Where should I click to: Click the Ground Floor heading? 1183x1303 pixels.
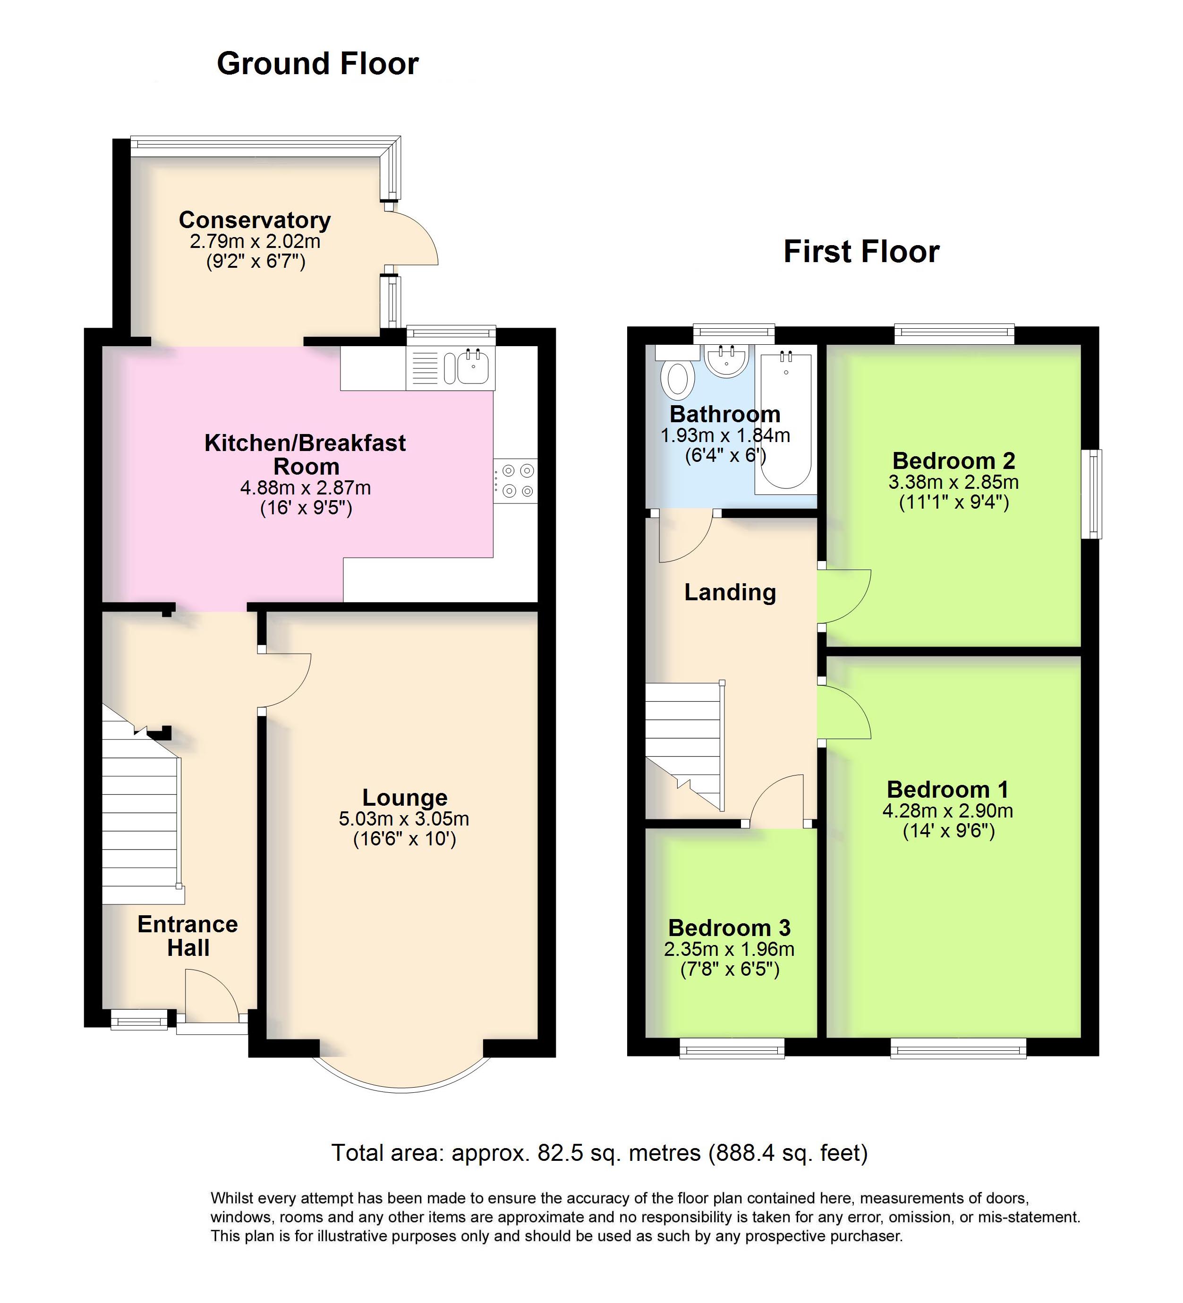317,64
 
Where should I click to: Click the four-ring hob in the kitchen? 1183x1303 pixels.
515,481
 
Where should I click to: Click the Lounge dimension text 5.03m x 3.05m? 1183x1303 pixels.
404,819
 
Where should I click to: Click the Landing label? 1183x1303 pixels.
730,592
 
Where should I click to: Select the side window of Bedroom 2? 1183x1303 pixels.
1092,494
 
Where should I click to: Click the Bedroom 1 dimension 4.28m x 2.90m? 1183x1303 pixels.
948,810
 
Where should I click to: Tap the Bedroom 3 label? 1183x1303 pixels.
729,928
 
